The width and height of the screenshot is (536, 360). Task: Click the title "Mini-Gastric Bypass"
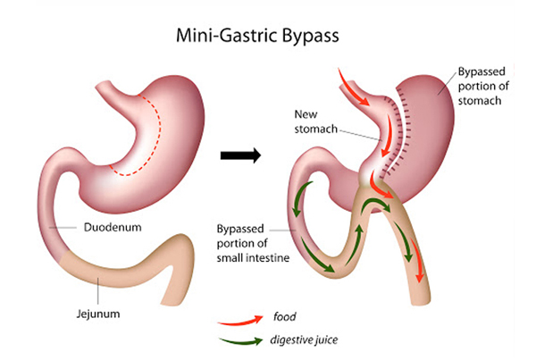pos(257,36)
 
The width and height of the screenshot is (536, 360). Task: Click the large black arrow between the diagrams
pos(240,155)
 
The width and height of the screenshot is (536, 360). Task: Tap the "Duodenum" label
pos(113,228)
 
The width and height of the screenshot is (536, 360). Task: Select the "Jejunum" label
pos(98,314)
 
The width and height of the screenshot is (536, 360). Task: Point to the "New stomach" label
pos(316,121)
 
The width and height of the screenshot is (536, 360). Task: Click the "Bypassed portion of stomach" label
pos(483,86)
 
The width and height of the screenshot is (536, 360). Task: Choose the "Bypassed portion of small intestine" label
pos(253,243)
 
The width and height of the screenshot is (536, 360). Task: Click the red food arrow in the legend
pos(240,320)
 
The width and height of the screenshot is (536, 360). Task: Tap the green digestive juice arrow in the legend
pos(241,341)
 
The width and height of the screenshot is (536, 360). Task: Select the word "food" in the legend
pos(284,316)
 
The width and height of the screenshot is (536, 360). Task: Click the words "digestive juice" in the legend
pos(304,339)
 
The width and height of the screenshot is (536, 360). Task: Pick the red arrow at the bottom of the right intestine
pos(417,261)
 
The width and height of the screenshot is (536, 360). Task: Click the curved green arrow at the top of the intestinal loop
pos(375,203)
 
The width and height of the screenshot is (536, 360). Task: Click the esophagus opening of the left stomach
pos(103,85)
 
